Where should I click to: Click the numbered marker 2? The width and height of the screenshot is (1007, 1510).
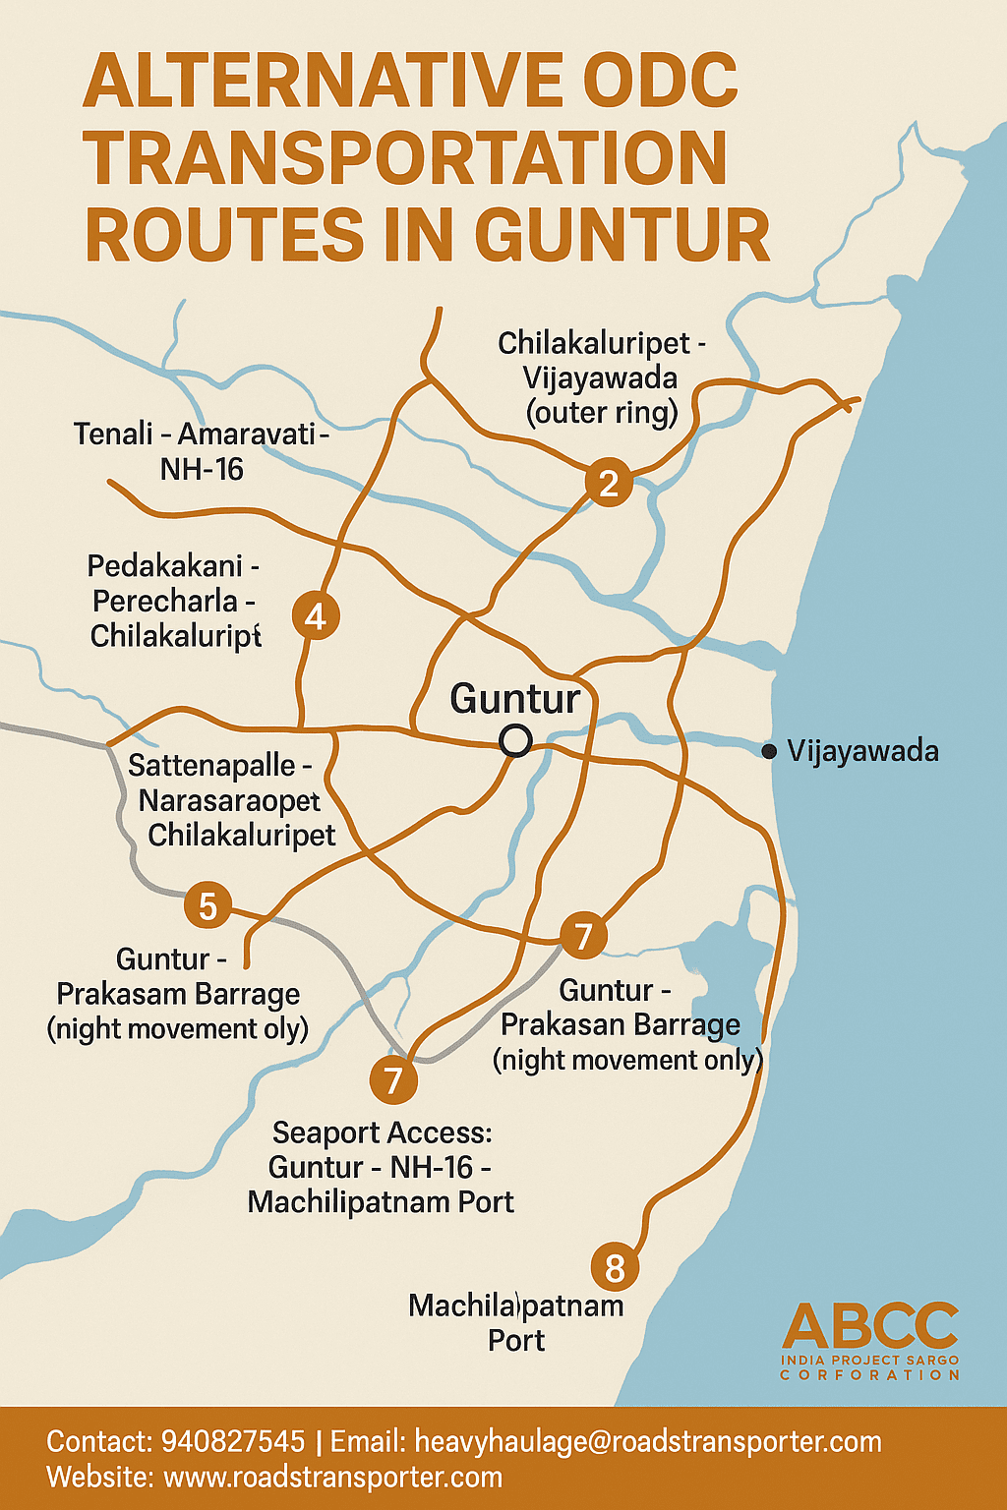click(x=609, y=483)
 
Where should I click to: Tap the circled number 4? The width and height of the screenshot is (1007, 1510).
click(x=316, y=616)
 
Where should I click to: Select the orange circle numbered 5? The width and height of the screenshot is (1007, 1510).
click(x=207, y=905)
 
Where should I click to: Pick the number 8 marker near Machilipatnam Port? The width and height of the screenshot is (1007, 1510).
click(x=615, y=1267)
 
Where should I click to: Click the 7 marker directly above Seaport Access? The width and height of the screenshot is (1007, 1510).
click(x=393, y=1079)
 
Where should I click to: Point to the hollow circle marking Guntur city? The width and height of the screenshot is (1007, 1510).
click(x=515, y=740)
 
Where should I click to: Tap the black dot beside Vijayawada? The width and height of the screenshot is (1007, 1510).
click(x=769, y=752)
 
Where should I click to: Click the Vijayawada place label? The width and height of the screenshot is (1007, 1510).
click(x=862, y=751)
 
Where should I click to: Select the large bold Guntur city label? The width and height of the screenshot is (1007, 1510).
click(x=514, y=699)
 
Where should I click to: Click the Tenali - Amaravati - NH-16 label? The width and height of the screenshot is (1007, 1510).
click(x=201, y=451)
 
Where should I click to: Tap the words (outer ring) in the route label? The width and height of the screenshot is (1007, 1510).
click(x=602, y=413)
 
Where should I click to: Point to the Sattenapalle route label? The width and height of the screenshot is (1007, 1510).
click(x=220, y=765)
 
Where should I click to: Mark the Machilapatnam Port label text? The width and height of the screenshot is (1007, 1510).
click(x=515, y=1322)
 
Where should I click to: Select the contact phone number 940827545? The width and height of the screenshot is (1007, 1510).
click(x=233, y=1442)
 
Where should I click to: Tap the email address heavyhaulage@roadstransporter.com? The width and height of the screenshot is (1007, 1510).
click(x=648, y=1442)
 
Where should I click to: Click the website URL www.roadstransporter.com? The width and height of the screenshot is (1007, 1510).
click(x=332, y=1477)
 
